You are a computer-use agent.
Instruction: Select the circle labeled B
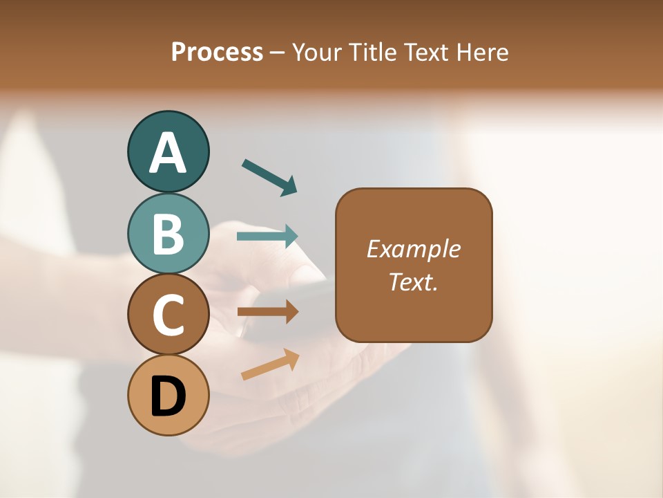coord(168,233)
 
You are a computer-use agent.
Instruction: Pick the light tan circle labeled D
coord(168,396)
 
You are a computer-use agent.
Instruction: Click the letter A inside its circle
coord(168,152)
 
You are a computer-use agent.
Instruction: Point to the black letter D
coord(168,396)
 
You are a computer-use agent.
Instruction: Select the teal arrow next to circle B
coord(267,236)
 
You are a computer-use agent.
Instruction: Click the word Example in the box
coord(413,249)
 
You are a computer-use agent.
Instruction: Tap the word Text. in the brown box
coord(413,282)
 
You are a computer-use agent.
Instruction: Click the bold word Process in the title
coord(217,52)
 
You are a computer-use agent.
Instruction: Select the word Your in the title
coord(318,52)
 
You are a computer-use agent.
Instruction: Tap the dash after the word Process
coord(278,53)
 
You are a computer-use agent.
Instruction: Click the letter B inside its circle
coord(168,234)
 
